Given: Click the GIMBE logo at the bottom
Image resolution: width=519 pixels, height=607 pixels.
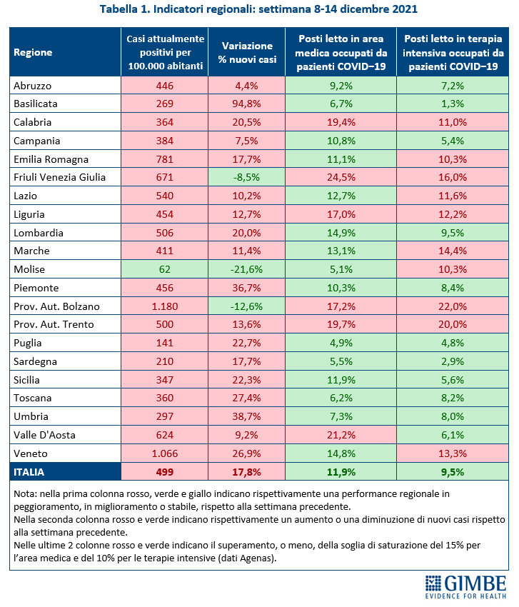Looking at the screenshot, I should tap(465, 585).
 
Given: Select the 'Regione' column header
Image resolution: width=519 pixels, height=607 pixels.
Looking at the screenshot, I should tap(33, 52).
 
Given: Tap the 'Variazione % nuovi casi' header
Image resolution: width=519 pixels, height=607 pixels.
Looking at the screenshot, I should tap(247, 52).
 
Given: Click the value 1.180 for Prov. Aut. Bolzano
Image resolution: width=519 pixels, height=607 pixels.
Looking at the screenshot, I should tap(165, 306).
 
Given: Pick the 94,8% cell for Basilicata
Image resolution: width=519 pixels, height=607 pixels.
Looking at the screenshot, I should tap(247, 103).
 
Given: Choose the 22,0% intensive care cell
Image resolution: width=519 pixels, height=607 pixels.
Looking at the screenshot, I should tap(452, 306).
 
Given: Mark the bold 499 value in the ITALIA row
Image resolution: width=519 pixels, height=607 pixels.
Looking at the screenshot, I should tap(165, 471).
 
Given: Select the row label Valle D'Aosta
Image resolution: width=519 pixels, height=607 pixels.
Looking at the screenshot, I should tap(44, 434).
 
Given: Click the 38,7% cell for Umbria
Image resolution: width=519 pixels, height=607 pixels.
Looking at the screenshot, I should tap(247, 417).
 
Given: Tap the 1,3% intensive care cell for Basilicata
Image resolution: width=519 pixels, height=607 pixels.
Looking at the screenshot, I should tap(452, 103).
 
